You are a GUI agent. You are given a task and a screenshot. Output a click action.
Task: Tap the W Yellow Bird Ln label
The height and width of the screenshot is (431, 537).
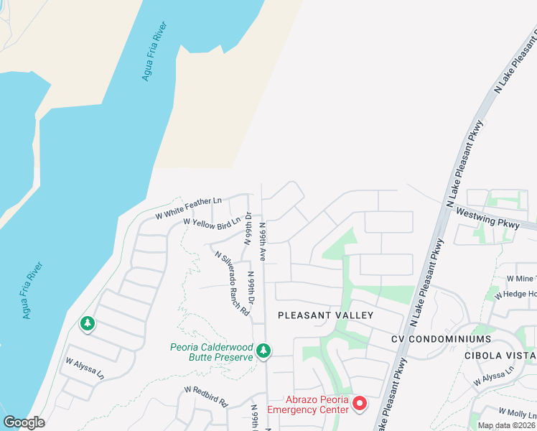[x=213, y=224]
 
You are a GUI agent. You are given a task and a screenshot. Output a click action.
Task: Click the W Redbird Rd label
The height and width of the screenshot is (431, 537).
[x=205, y=397]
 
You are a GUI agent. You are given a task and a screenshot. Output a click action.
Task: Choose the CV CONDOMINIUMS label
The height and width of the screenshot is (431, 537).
[x=441, y=338]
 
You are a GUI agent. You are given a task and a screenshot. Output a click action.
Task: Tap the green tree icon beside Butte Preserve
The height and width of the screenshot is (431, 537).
[x=264, y=351]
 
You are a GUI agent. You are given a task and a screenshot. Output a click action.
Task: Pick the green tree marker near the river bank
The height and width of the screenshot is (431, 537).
[x=88, y=324]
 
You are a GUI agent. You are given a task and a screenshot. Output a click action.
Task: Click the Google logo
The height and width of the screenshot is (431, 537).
[x=24, y=422]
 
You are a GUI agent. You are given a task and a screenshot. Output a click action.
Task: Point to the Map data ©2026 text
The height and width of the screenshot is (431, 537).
[x=506, y=425]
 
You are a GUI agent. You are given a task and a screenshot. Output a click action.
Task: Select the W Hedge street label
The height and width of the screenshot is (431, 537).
[x=521, y=294]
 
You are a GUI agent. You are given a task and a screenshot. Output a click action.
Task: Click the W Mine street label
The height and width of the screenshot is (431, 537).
[x=521, y=278]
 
